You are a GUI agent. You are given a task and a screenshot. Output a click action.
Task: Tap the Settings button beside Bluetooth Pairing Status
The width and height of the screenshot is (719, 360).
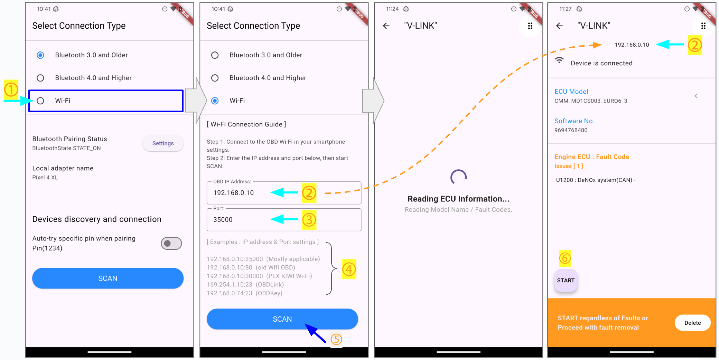(x=163, y=143)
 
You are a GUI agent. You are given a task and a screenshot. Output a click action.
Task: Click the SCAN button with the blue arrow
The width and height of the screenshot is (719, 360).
(x=282, y=319)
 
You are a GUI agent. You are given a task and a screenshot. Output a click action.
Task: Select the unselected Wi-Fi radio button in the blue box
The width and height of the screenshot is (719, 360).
(x=40, y=101)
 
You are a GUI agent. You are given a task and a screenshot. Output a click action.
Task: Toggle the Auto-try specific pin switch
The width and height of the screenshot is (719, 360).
(x=171, y=244)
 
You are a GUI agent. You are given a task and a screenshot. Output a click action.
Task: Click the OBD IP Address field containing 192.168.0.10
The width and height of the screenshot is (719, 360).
(x=284, y=192)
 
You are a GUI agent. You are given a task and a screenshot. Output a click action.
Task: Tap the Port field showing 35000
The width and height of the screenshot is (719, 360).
(x=284, y=219)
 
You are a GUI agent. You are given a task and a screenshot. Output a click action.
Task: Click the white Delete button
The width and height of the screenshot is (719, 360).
(x=692, y=323)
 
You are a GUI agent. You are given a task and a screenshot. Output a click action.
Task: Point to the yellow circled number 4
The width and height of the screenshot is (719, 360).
(x=349, y=269)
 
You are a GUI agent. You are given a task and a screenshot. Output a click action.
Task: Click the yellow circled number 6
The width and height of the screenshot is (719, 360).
(x=565, y=258)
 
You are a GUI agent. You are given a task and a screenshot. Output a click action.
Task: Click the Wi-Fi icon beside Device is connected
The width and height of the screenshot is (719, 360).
(x=559, y=60)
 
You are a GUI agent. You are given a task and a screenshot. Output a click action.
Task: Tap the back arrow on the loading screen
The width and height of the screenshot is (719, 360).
(x=386, y=26)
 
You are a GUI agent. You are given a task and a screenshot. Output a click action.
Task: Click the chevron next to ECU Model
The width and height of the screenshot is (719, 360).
(x=696, y=96)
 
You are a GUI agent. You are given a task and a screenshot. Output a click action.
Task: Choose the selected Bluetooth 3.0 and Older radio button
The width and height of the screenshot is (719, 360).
(x=40, y=55)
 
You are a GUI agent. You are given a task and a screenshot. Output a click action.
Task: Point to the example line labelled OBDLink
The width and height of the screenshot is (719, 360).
(x=245, y=284)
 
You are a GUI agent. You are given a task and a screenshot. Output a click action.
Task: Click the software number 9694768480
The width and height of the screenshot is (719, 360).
(x=571, y=130)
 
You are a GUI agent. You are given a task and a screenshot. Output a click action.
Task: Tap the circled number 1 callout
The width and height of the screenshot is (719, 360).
(x=11, y=89)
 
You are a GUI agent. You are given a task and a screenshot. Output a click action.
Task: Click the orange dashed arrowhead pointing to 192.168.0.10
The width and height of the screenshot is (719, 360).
(x=597, y=45)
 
